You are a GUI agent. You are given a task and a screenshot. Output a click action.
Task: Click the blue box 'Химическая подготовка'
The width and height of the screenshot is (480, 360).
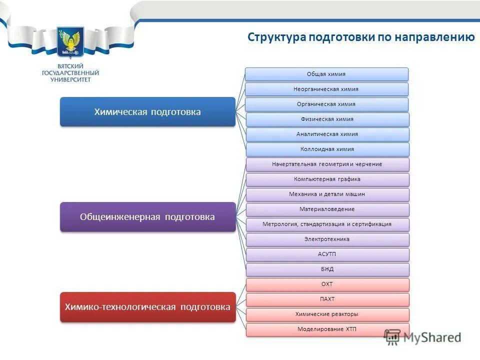click(x=147, y=111)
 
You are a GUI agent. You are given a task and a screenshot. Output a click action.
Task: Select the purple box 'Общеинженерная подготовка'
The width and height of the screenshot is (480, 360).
click(x=147, y=216)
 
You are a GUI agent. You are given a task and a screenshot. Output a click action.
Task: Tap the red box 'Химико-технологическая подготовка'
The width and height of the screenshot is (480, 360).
click(x=147, y=306)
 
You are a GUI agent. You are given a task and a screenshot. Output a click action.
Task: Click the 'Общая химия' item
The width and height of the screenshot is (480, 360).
click(x=326, y=74)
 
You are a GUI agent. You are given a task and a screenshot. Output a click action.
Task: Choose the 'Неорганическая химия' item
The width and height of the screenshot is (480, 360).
click(x=326, y=89)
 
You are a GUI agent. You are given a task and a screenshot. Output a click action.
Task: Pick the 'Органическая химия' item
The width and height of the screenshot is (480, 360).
click(x=326, y=104)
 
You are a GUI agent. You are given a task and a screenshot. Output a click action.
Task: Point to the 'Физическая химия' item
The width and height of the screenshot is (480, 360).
click(x=326, y=119)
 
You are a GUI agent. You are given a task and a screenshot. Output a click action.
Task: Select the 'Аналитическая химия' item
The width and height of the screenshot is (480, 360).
click(x=326, y=134)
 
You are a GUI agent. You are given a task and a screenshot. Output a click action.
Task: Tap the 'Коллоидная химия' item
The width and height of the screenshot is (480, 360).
click(x=326, y=149)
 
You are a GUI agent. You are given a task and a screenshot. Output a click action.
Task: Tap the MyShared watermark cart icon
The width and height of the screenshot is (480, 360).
click(x=393, y=337)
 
